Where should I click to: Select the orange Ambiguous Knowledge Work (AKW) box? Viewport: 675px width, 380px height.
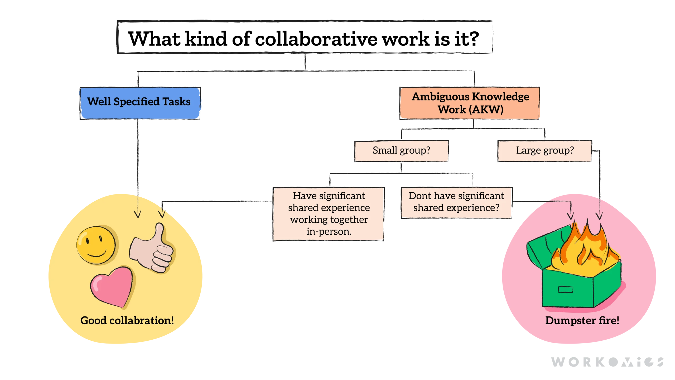click(470, 103)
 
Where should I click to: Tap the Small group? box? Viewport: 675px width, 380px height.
click(401, 151)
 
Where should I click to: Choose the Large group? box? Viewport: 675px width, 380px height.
click(544, 151)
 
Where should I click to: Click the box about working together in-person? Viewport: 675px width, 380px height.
click(329, 214)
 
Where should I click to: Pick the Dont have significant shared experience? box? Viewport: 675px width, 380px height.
click(456, 202)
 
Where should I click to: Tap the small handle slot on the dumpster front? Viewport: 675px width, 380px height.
click(566, 289)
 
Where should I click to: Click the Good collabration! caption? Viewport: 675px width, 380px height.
click(127, 321)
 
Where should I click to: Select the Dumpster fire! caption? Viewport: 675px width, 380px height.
click(582, 321)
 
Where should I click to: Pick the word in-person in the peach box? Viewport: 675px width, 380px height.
click(329, 232)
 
